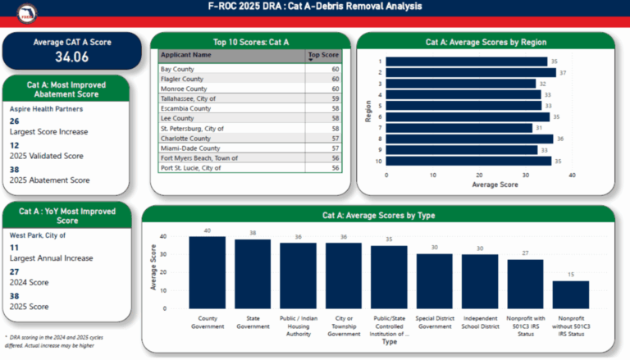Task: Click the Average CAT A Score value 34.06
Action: (x=72, y=57)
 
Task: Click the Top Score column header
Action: (x=323, y=55)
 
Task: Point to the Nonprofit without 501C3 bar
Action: (x=564, y=292)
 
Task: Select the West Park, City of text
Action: (x=37, y=235)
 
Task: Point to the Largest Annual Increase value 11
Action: (x=14, y=247)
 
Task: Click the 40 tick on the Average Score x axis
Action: (x=571, y=175)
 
